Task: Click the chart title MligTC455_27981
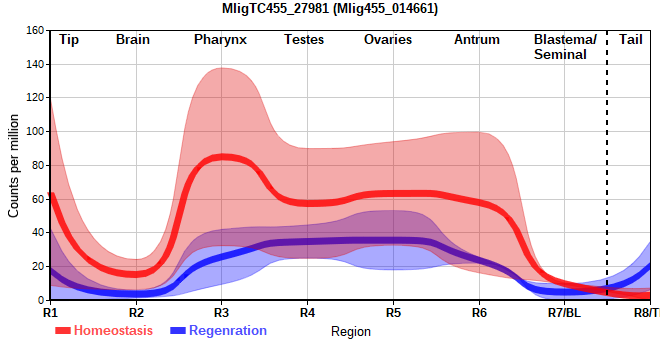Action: click(x=276, y=8)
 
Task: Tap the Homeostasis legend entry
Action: click(x=104, y=331)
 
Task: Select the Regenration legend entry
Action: click(x=218, y=331)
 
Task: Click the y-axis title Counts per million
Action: click(x=13, y=166)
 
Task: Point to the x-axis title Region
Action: click(x=351, y=332)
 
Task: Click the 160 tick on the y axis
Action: click(x=35, y=30)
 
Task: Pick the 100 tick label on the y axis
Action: click(x=35, y=131)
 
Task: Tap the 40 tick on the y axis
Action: click(x=38, y=232)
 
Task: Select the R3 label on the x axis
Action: click(x=221, y=313)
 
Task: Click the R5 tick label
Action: click(x=394, y=313)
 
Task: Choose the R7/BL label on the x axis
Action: click(x=564, y=313)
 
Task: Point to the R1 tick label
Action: click(x=50, y=313)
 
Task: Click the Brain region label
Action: click(x=133, y=40)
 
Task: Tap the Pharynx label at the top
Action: click(x=220, y=40)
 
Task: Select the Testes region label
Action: click(x=304, y=40)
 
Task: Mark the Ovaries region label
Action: click(x=388, y=40)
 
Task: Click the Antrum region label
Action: click(x=477, y=40)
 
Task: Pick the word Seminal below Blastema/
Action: click(x=560, y=54)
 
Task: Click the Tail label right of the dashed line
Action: click(x=631, y=40)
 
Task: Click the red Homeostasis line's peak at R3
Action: click(x=222, y=157)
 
